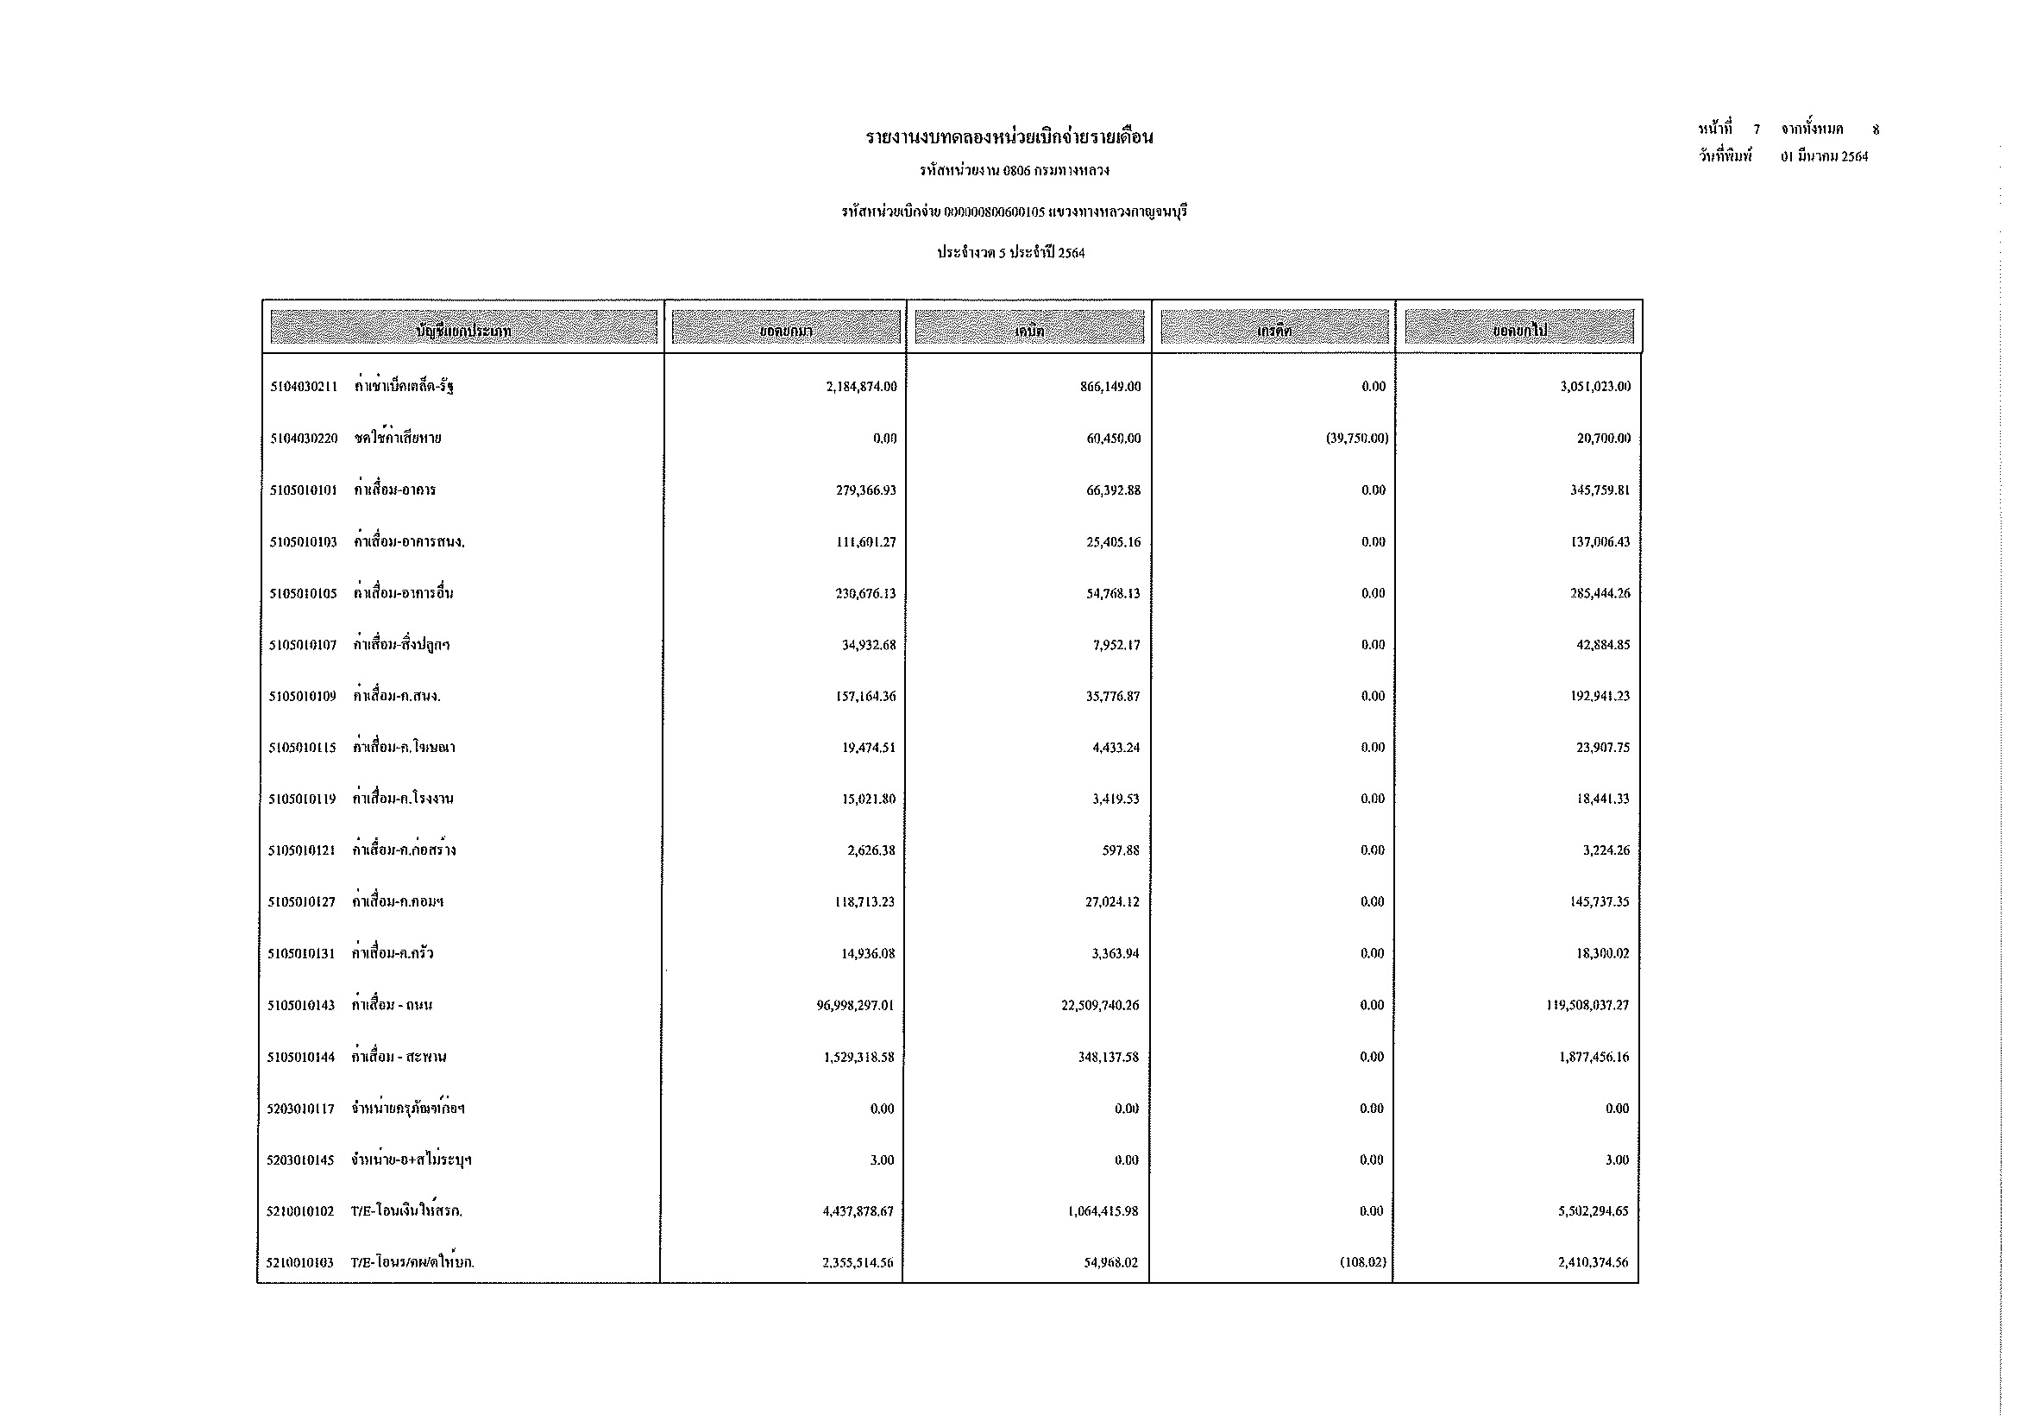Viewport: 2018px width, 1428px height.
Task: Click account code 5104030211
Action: click(x=303, y=387)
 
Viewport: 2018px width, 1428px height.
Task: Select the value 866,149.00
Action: click(x=1110, y=387)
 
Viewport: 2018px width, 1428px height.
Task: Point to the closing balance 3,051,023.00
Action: click(x=1594, y=387)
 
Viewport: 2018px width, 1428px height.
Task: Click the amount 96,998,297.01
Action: click(x=854, y=1005)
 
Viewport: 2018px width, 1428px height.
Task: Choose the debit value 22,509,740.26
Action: click(x=1099, y=1005)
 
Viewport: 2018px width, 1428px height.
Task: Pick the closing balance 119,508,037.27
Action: click(x=1587, y=1005)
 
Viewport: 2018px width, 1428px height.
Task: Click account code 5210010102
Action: click(x=300, y=1211)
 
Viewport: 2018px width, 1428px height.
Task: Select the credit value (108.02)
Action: click(x=1363, y=1263)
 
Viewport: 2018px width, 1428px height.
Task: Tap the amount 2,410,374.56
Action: click(x=1593, y=1263)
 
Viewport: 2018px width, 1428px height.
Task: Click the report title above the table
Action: click(x=1009, y=137)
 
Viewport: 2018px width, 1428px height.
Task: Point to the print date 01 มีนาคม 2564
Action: click(x=1825, y=157)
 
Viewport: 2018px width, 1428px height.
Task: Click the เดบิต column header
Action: click(x=1029, y=331)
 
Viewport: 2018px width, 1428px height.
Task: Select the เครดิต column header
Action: click(x=1273, y=331)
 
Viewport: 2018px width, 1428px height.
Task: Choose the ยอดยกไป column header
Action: click(x=1518, y=331)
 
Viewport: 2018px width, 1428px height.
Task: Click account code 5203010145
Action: click(x=300, y=1160)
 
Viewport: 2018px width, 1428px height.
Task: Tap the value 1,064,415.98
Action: click(x=1103, y=1211)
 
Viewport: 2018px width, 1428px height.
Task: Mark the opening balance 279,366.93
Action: click(x=865, y=490)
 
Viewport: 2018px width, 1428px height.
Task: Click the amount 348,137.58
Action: click(x=1108, y=1057)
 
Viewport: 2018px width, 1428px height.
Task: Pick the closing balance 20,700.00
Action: click(x=1603, y=439)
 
